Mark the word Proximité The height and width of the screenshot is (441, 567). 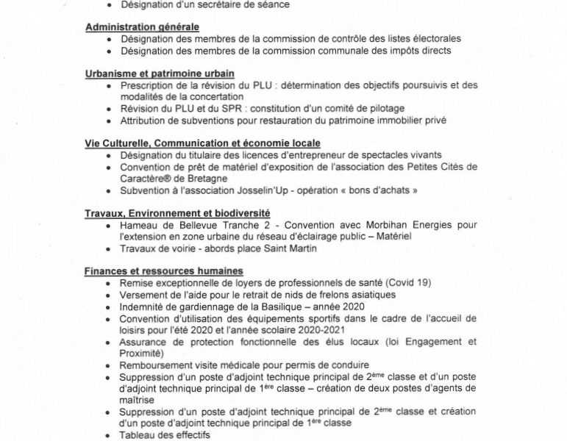pyautogui.click(x=143, y=354)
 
